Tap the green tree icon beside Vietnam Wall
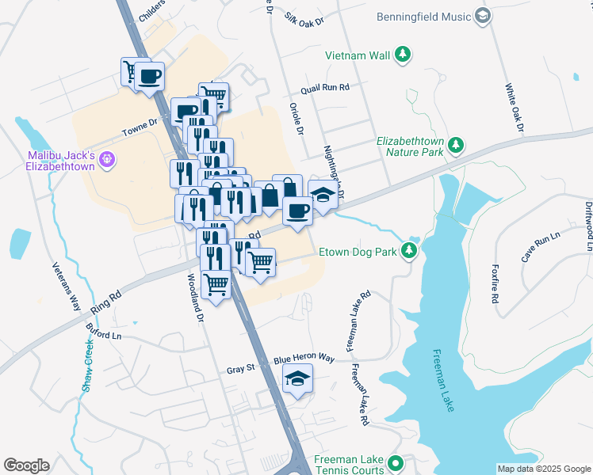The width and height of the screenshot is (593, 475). pos(404,55)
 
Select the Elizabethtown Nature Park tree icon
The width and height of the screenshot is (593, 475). pos(456,145)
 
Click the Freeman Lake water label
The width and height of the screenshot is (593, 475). pos(444,380)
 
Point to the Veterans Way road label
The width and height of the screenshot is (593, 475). pos(67,286)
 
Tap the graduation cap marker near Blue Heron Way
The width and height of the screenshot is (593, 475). pos(297,381)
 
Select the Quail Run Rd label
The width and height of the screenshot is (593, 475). pos(325,89)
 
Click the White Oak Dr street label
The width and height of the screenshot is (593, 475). pos(514,108)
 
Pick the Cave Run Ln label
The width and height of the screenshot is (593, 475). pos(540,242)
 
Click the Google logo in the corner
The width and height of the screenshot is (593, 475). pos(26,465)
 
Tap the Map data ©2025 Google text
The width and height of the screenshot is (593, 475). pos(543,469)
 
